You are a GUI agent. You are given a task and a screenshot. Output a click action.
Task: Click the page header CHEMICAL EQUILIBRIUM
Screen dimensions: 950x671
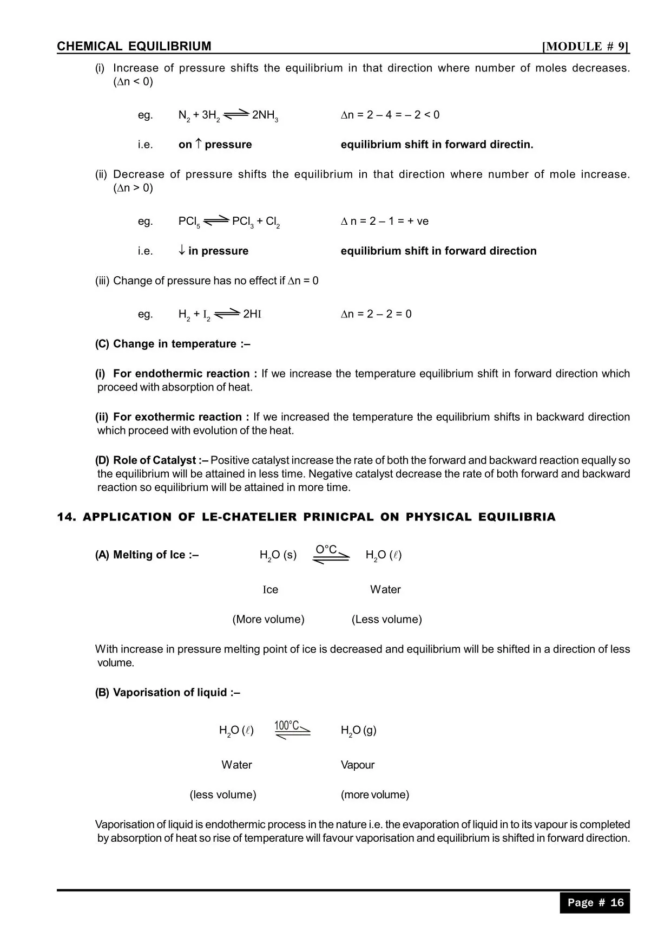(x=134, y=47)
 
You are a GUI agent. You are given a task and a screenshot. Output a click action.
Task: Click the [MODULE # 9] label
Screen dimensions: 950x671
(x=586, y=47)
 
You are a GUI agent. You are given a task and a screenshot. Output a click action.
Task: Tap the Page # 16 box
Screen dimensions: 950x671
(x=595, y=902)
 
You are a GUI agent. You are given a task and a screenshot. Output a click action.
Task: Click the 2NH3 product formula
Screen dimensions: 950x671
(x=265, y=115)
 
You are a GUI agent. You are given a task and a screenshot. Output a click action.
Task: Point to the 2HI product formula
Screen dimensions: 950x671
(x=252, y=314)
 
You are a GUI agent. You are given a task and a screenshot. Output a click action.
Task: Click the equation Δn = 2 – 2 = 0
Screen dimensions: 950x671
(x=376, y=314)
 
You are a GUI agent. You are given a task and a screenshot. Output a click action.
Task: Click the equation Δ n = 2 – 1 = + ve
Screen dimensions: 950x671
(x=385, y=221)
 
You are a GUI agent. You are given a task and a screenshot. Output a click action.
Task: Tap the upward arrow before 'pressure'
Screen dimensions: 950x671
(x=198, y=144)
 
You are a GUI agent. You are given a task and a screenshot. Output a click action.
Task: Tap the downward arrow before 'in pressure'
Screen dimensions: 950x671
(x=182, y=250)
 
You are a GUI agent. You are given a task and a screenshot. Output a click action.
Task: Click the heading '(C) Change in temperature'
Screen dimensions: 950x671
(x=173, y=344)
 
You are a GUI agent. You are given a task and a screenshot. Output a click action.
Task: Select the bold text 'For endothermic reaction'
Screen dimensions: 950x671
(x=181, y=374)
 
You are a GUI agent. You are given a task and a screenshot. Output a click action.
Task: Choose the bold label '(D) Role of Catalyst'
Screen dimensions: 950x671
(x=152, y=460)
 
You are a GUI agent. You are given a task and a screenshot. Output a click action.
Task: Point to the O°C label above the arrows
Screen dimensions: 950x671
(x=326, y=550)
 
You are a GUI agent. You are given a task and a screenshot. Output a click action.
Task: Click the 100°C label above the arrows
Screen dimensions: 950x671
(x=287, y=725)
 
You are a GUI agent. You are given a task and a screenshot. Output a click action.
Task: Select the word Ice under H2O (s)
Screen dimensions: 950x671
(x=271, y=590)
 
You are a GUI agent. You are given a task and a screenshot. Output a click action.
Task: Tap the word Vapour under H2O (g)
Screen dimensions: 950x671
(x=358, y=765)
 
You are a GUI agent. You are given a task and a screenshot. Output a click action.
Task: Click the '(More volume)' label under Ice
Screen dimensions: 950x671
(x=268, y=620)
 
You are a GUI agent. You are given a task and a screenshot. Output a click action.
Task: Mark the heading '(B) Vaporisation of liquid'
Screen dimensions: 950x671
(x=168, y=693)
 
